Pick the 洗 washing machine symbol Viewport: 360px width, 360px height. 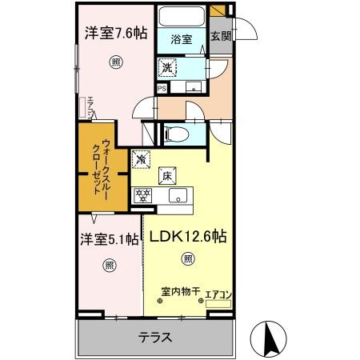[x=169, y=69]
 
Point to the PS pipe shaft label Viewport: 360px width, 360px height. [x=162, y=89]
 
